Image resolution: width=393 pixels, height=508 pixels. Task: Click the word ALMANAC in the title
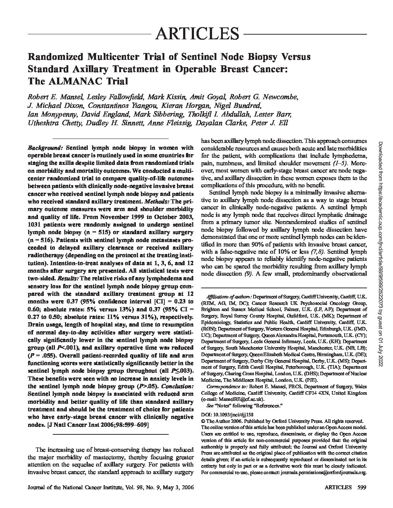pos(78,81)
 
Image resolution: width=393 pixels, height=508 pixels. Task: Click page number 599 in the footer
pos(362,487)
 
